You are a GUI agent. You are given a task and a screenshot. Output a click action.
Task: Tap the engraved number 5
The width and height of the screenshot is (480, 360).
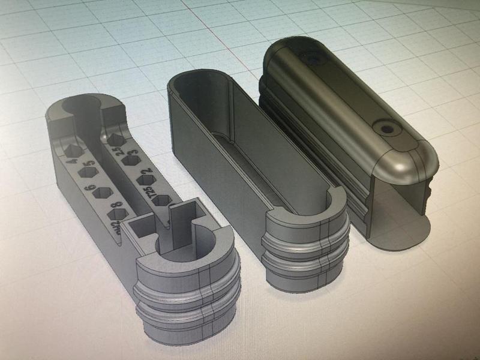click(89, 164)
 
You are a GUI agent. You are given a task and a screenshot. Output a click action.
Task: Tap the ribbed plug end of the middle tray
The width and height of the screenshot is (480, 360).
click(306, 252)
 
